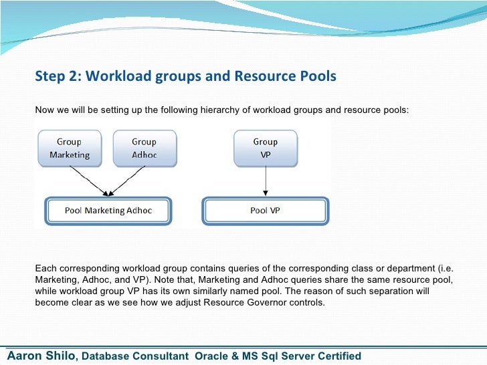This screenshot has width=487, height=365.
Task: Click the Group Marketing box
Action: (x=69, y=148)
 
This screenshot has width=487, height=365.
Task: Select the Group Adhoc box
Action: (x=144, y=148)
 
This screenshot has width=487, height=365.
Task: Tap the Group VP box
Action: (x=266, y=148)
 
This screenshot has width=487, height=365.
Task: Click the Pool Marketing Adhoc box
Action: (x=108, y=211)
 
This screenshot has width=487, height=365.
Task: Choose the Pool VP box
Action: (x=266, y=211)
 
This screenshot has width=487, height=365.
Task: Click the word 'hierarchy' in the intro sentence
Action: (x=218, y=109)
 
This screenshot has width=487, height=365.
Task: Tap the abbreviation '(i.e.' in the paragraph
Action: (x=444, y=268)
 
